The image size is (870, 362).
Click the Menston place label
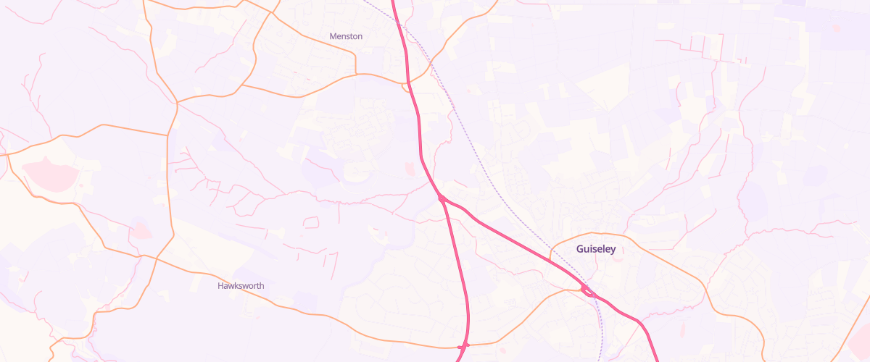pyautogui.click(x=346, y=36)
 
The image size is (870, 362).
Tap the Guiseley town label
pyautogui.click(x=595, y=249)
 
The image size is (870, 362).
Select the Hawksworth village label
pyautogui.click(x=241, y=286)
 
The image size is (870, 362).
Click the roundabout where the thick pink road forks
pyautogui.click(x=441, y=198)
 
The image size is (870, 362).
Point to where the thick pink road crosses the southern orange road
pyautogui.click(x=465, y=345)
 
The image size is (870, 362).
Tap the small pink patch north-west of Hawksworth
pyautogui.click(x=141, y=230)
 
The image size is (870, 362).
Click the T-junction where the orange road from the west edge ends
pyautogui.click(x=168, y=135)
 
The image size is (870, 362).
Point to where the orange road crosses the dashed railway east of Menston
pyautogui.click(x=433, y=64)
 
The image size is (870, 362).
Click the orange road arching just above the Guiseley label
pyautogui.click(x=594, y=234)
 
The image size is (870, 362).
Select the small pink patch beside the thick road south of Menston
pyautogui.click(x=410, y=169)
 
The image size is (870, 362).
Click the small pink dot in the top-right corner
pyautogui.click(x=837, y=29)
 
